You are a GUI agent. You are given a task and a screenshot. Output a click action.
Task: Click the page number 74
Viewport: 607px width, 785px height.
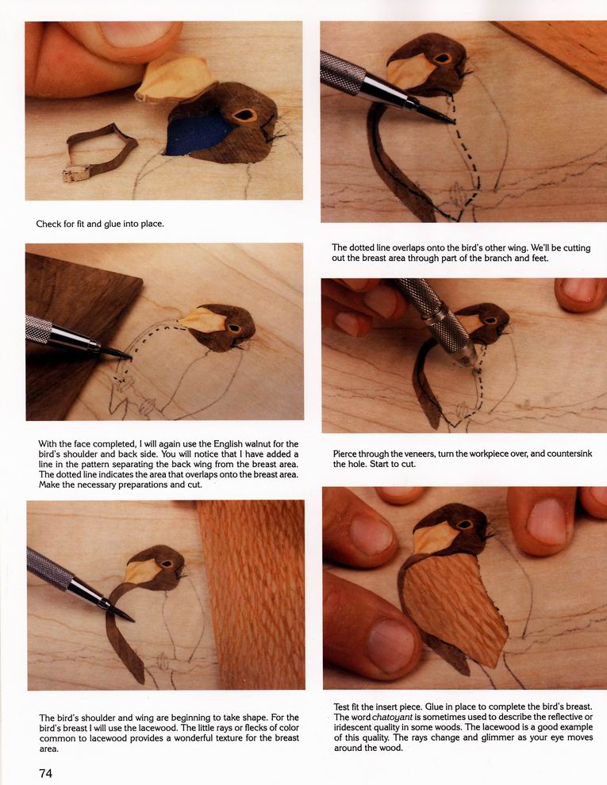tap(45, 773)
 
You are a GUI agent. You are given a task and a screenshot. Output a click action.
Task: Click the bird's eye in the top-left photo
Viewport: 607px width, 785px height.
tap(244, 116)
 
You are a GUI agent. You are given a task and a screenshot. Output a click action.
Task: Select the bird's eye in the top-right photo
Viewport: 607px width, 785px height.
tap(442, 59)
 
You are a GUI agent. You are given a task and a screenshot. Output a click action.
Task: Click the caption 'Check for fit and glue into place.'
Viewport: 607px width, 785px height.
tap(100, 224)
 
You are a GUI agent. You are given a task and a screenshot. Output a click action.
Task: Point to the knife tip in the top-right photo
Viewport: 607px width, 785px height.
tap(454, 121)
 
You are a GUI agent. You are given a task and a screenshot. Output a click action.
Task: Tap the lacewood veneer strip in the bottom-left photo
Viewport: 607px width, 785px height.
tap(252, 594)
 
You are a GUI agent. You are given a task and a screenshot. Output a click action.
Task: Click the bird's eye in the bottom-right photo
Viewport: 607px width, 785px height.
tap(464, 525)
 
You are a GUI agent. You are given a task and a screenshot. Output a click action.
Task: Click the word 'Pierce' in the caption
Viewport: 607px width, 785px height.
tap(346, 454)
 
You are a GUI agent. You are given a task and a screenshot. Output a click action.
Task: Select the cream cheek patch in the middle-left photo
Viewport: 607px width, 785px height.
tap(204, 320)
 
